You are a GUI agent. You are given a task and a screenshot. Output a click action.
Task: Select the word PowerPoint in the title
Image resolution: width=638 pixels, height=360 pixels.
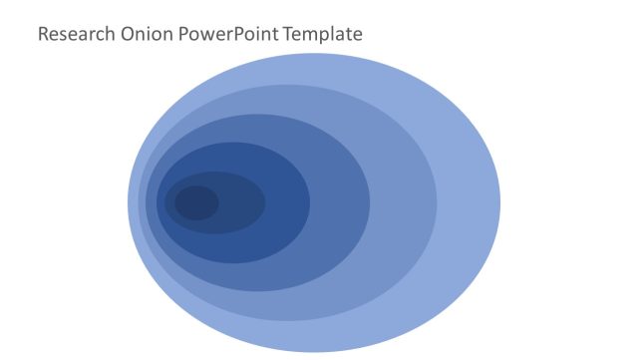click(x=229, y=35)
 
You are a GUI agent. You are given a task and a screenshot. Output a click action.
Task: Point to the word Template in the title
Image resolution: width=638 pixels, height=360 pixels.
click(x=323, y=35)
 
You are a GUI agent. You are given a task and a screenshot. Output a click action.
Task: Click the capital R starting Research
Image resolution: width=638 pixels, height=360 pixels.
click(x=43, y=35)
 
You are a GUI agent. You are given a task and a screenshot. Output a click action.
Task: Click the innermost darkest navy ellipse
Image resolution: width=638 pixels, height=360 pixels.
click(x=196, y=202)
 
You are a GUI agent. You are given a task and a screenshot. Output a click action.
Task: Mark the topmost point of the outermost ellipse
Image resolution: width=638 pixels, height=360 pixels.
click(x=314, y=54)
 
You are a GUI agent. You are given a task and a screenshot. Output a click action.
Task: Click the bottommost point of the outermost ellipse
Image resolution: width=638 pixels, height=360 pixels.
click(x=314, y=351)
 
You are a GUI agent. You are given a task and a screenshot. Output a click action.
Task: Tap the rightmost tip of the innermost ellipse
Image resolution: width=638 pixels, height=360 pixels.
click(x=218, y=202)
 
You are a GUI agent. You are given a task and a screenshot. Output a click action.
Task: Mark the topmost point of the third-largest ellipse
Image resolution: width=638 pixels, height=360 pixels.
click(x=258, y=115)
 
